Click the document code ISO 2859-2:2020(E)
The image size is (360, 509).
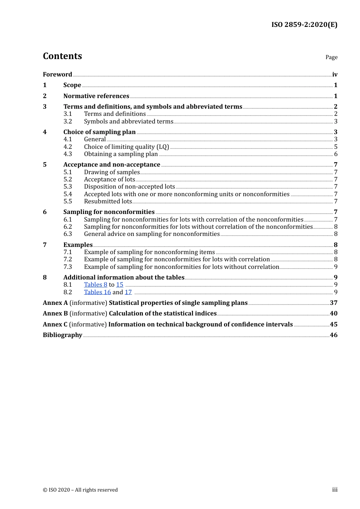click(x=304, y=25)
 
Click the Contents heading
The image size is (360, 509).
click(x=62, y=56)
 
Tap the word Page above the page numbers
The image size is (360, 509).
click(x=331, y=57)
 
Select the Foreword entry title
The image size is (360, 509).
click(x=57, y=74)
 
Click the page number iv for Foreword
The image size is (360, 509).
click(x=335, y=75)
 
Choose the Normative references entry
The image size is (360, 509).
click(x=96, y=96)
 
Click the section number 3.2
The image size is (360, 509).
click(x=67, y=122)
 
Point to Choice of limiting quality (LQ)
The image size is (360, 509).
click(x=127, y=147)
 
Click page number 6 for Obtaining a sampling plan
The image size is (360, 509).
click(x=335, y=154)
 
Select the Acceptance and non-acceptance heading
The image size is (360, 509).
click(x=112, y=165)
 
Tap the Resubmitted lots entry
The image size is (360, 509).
click(x=108, y=201)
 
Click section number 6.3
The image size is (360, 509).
click(x=67, y=234)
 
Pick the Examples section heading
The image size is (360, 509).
click(x=78, y=245)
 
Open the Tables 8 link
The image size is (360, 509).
click(x=95, y=285)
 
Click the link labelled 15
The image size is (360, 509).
click(x=120, y=285)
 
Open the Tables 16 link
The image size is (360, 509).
click(x=97, y=292)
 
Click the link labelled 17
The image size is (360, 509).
click(x=128, y=292)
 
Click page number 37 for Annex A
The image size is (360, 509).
click(x=333, y=303)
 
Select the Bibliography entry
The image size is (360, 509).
click(x=63, y=335)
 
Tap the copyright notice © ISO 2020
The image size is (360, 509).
click(x=80, y=490)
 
